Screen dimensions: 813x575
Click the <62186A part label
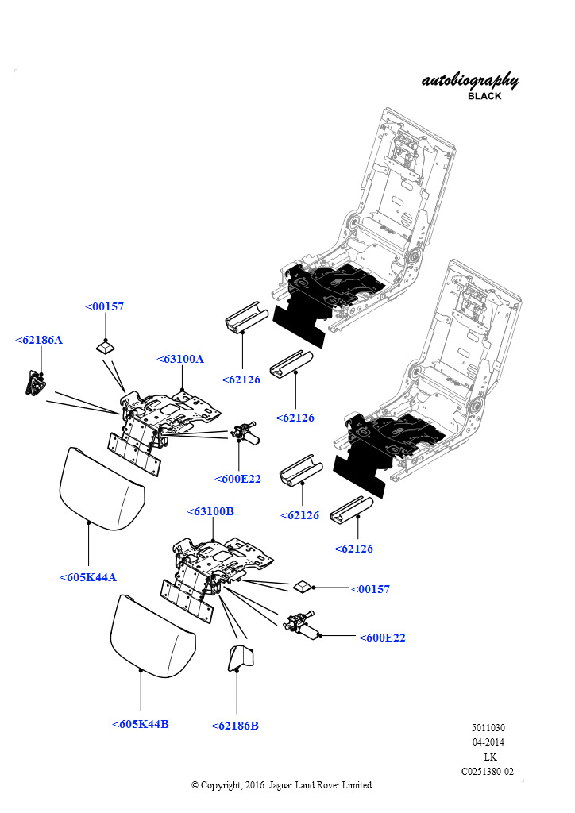tap(38, 340)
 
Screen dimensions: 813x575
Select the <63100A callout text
tap(180, 359)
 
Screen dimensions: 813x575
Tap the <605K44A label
tap(87, 577)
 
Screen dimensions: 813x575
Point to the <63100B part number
tap(210, 511)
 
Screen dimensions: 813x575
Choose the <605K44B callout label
tap(140, 724)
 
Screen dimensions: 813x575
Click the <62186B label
tap(235, 726)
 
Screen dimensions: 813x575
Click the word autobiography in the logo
tap(470, 81)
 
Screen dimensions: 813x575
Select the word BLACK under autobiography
tap(484, 96)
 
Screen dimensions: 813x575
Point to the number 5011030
tap(488, 728)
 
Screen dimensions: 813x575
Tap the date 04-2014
tap(488, 742)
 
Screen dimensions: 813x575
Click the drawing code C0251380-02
tap(488, 771)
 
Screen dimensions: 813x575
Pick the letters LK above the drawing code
tap(490, 757)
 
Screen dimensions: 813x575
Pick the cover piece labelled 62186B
tap(240, 658)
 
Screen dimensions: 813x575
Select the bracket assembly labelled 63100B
tap(222, 560)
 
